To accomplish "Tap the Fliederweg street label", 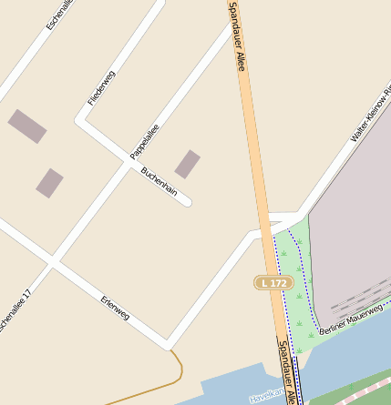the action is (x=101, y=88).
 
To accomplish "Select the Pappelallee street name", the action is (x=145, y=142).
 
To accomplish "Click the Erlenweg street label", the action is (x=115, y=309).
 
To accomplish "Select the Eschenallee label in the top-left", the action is (x=60, y=15).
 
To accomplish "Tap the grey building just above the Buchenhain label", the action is (x=187, y=164).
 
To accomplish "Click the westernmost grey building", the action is (x=26, y=127).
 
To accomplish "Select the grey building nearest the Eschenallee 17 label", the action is (x=49, y=183).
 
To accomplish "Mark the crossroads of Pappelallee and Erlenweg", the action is (x=53, y=262).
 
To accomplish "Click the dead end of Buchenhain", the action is (x=187, y=201).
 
